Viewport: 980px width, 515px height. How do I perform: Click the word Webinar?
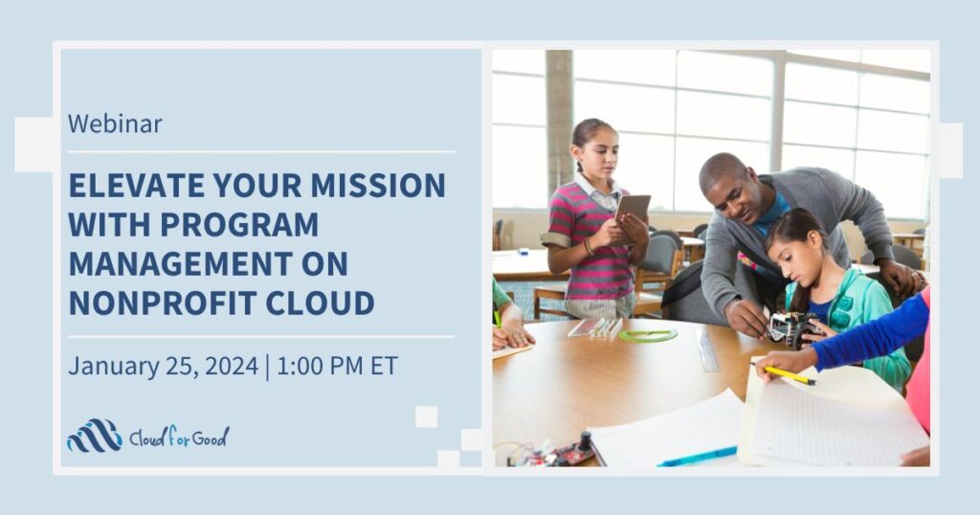(115, 123)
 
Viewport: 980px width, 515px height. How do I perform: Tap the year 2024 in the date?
(231, 366)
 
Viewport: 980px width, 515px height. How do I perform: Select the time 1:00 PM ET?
(337, 366)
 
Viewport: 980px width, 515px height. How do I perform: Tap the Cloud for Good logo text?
(179, 437)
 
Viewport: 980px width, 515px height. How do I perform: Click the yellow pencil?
(789, 374)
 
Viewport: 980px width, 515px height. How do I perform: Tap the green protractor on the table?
(648, 335)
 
